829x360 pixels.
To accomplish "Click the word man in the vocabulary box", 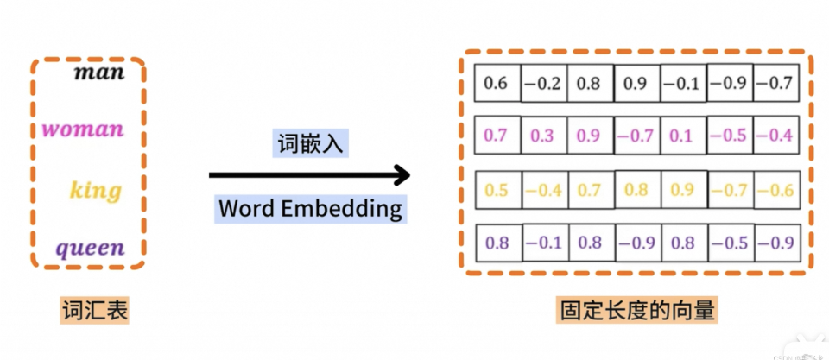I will (x=99, y=72).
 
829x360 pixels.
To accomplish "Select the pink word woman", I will (x=84, y=130).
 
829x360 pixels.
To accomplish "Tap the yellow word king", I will (x=95, y=190).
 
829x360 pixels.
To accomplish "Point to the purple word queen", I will (x=91, y=249).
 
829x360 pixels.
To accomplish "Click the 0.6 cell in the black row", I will (x=497, y=84).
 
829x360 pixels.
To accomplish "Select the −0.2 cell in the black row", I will (x=543, y=84).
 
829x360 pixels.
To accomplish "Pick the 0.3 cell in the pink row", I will (x=543, y=136).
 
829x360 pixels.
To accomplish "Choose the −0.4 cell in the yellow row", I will (x=543, y=190).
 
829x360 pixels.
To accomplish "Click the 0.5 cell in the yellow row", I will (x=497, y=190).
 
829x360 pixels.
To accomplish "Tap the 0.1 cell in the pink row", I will (x=682, y=136).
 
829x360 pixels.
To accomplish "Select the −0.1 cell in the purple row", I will (x=543, y=243).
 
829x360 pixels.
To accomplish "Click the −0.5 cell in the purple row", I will (x=731, y=243).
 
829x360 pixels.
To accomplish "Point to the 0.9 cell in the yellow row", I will (x=682, y=190).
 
